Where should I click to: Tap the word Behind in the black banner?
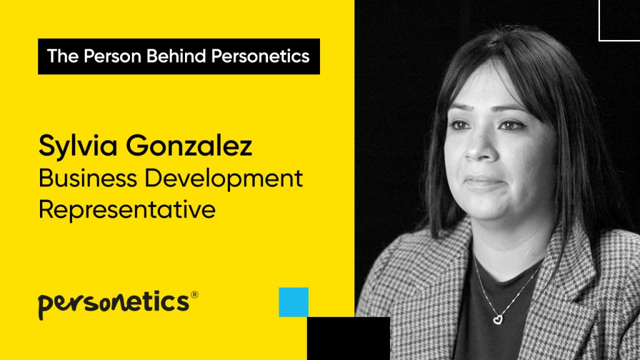176,56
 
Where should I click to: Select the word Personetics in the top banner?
261,56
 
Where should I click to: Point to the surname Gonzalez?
189,146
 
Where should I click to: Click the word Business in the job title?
87,178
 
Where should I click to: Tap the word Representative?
127,210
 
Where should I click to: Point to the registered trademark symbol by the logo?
194,295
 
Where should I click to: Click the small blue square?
294,302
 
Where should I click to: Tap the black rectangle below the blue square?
349,338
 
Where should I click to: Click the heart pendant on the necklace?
497,319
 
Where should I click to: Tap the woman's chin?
487,210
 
